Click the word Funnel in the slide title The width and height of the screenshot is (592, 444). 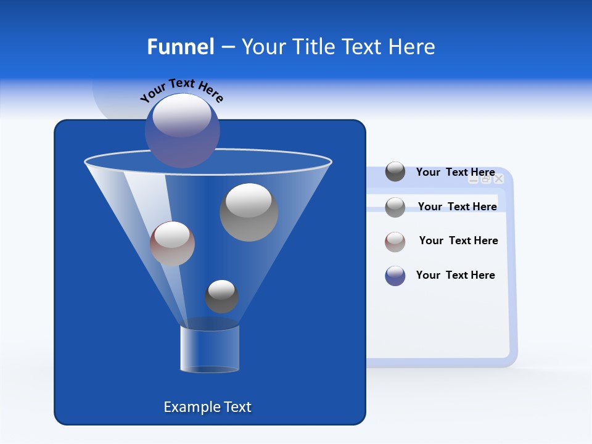(181, 47)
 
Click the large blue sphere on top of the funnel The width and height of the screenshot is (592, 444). (183, 130)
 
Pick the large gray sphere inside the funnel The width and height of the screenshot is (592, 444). (249, 212)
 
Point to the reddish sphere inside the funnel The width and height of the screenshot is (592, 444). (172, 244)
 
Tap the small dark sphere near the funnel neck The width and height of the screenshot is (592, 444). (221, 297)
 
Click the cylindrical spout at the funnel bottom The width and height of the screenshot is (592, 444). (209, 349)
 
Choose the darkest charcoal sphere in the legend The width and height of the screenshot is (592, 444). (395, 172)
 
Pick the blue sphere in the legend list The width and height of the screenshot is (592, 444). (395, 276)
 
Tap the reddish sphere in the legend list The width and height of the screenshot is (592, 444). (395, 242)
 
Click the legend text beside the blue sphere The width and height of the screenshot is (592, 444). (456, 275)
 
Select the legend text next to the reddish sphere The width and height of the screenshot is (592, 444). (459, 240)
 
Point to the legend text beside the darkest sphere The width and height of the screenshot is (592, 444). (456, 172)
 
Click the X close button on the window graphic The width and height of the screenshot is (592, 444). (499, 179)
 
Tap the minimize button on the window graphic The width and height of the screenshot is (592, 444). (474, 179)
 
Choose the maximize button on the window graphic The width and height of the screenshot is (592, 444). (486, 179)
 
